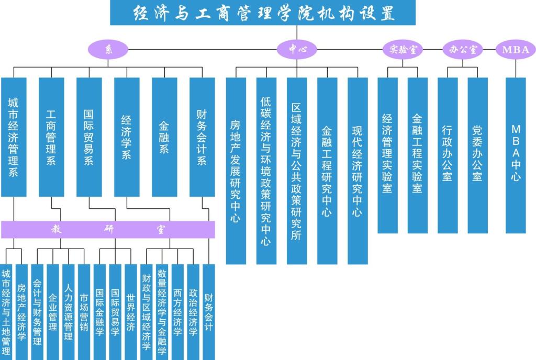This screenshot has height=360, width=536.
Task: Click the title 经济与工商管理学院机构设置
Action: (263, 13)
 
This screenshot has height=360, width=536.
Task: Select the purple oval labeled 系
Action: (108, 50)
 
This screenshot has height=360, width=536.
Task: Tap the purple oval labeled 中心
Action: (297, 50)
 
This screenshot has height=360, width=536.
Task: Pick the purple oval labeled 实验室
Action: (403, 50)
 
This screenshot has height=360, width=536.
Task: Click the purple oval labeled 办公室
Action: (462, 50)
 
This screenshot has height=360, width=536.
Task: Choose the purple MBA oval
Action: (516, 50)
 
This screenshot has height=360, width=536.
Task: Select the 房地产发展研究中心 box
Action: (236, 171)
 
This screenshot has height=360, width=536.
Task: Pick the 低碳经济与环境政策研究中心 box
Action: (266, 171)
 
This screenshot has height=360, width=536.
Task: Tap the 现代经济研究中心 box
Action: (358, 171)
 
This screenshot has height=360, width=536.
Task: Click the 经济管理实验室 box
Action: (387, 155)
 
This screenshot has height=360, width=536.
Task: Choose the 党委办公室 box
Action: (477, 155)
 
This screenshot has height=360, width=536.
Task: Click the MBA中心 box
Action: (516, 155)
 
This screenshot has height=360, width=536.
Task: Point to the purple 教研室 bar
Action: (108, 229)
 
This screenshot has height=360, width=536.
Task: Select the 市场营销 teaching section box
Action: (84, 312)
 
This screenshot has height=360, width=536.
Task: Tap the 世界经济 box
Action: (131, 312)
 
